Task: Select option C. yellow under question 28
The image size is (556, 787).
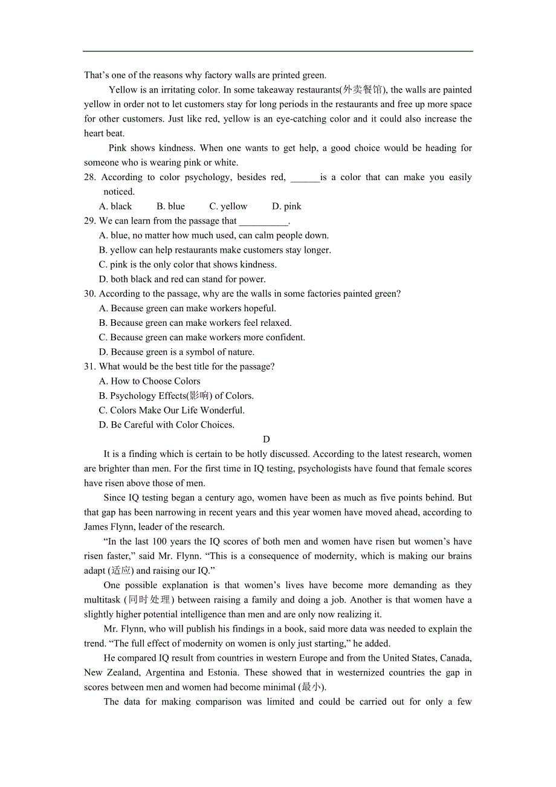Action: tap(228, 206)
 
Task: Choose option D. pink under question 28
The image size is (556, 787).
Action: tap(286, 206)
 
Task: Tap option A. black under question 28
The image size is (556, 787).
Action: tap(115, 206)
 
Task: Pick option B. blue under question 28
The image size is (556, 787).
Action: tap(170, 206)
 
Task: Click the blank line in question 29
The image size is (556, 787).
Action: tap(263, 221)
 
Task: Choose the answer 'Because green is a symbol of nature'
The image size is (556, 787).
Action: tap(176, 352)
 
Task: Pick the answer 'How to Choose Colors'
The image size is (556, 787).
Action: tap(149, 381)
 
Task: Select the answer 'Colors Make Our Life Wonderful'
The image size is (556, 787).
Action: tap(172, 410)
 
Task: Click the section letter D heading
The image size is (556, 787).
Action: tap(267, 439)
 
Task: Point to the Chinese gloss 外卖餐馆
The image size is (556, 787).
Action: tap(363, 90)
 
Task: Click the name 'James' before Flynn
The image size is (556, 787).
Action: tap(97, 527)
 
